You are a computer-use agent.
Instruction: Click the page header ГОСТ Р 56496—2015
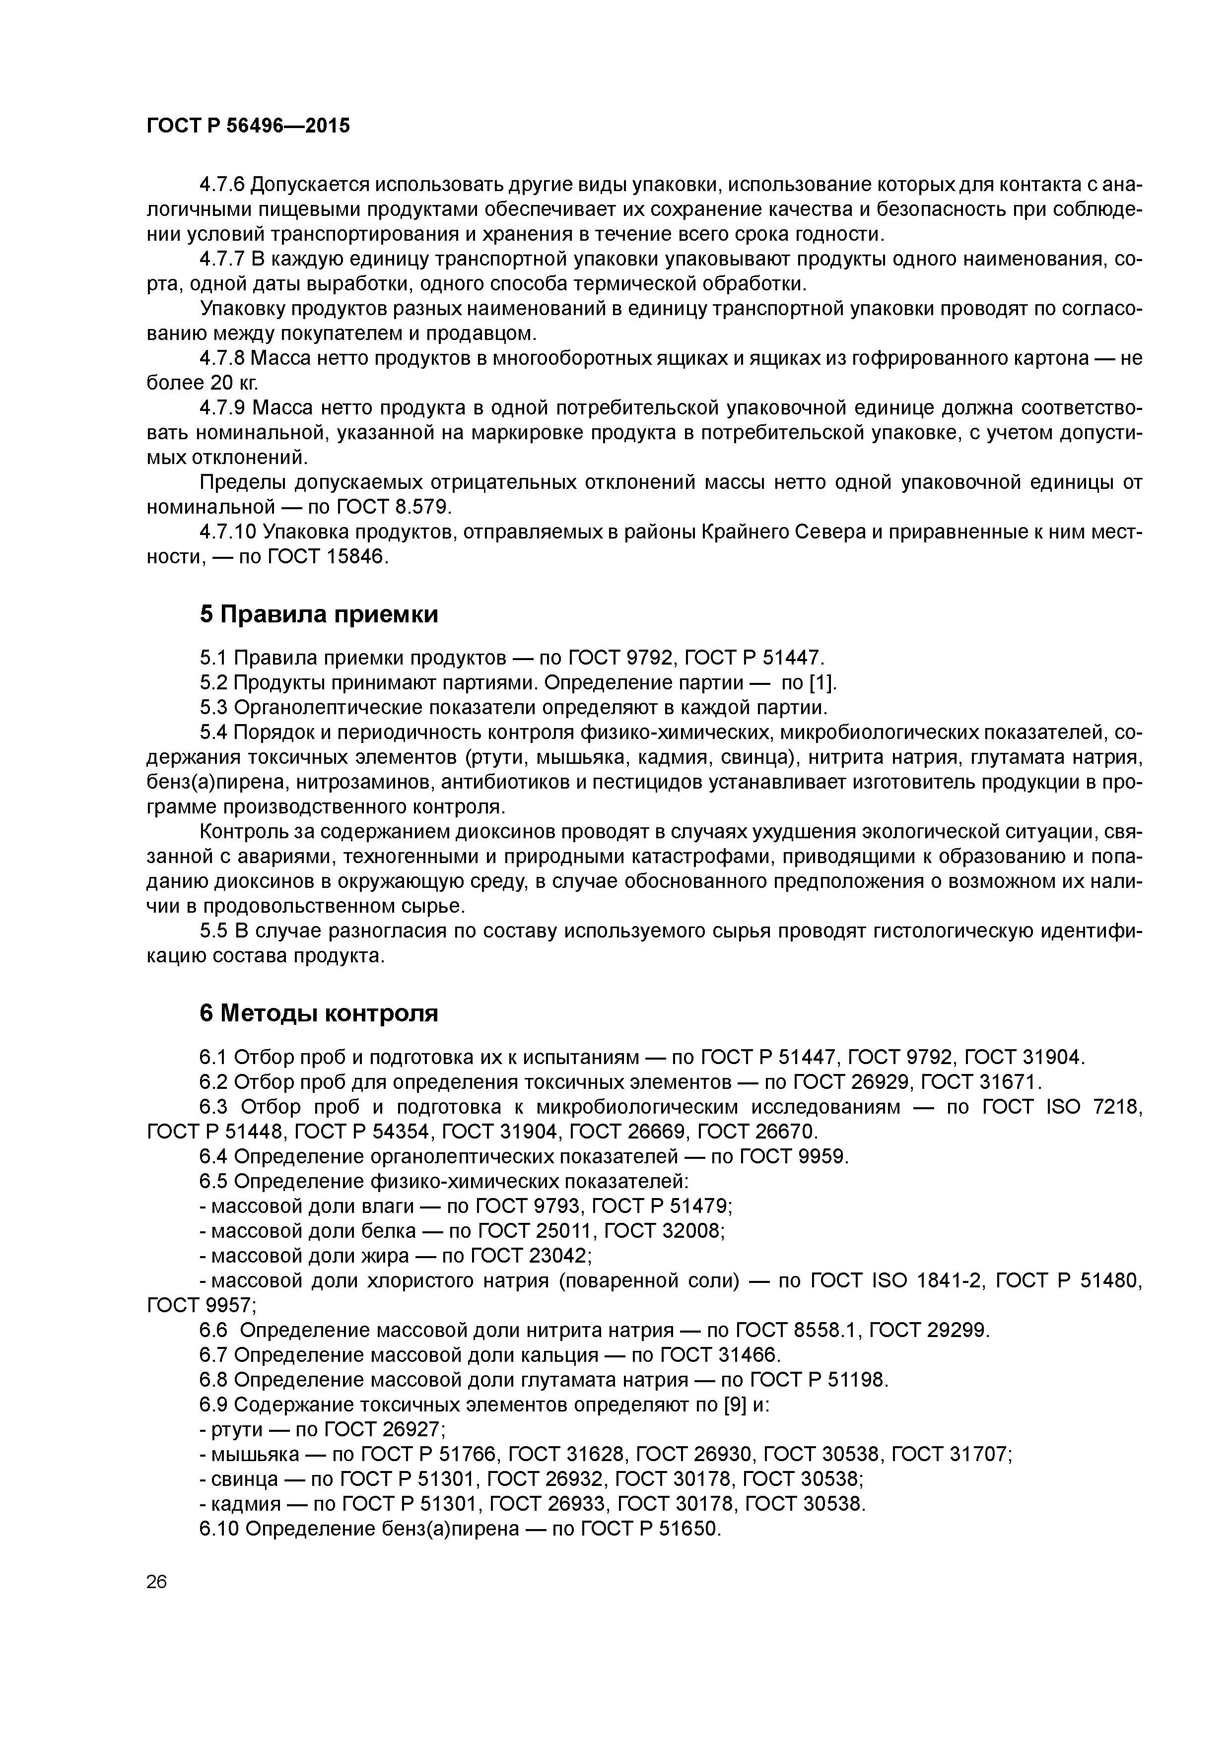pyautogui.click(x=248, y=126)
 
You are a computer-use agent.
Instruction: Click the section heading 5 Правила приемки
pyautogui.click(x=319, y=614)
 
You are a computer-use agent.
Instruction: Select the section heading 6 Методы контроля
pyautogui.click(x=319, y=1013)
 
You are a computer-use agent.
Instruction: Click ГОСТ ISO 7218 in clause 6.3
pyautogui.click(x=1061, y=1107)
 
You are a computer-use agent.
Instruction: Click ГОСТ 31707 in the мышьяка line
pyautogui.click(x=951, y=1454)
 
